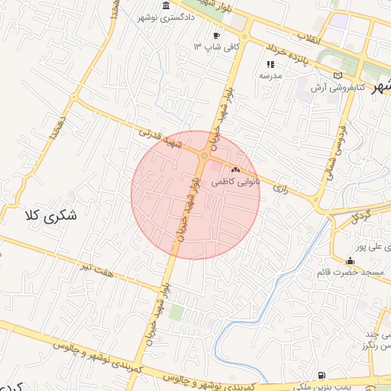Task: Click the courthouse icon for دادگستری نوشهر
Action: [x=166, y=7]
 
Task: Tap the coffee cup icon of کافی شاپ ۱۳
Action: [x=217, y=36]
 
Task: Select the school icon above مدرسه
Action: [x=270, y=65]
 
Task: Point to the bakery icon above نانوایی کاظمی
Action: [x=235, y=170]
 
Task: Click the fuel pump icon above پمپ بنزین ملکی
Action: [x=322, y=375]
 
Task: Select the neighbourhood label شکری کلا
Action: [x=52, y=215]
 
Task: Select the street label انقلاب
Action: [x=330, y=37]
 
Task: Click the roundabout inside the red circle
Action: [x=204, y=155]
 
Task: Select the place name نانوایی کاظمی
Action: [x=235, y=183]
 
